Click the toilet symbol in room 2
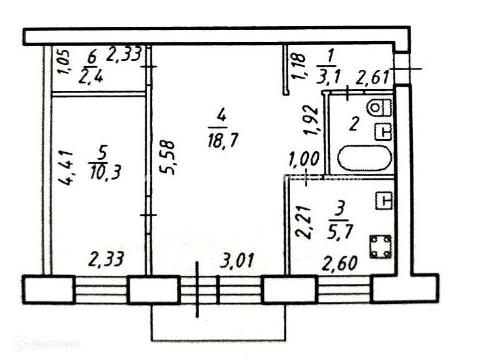click(x=377, y=107)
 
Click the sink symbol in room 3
click(x=384, y=201)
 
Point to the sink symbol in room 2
click(x=384, y=132)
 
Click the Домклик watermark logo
click(x=47, y=342)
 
